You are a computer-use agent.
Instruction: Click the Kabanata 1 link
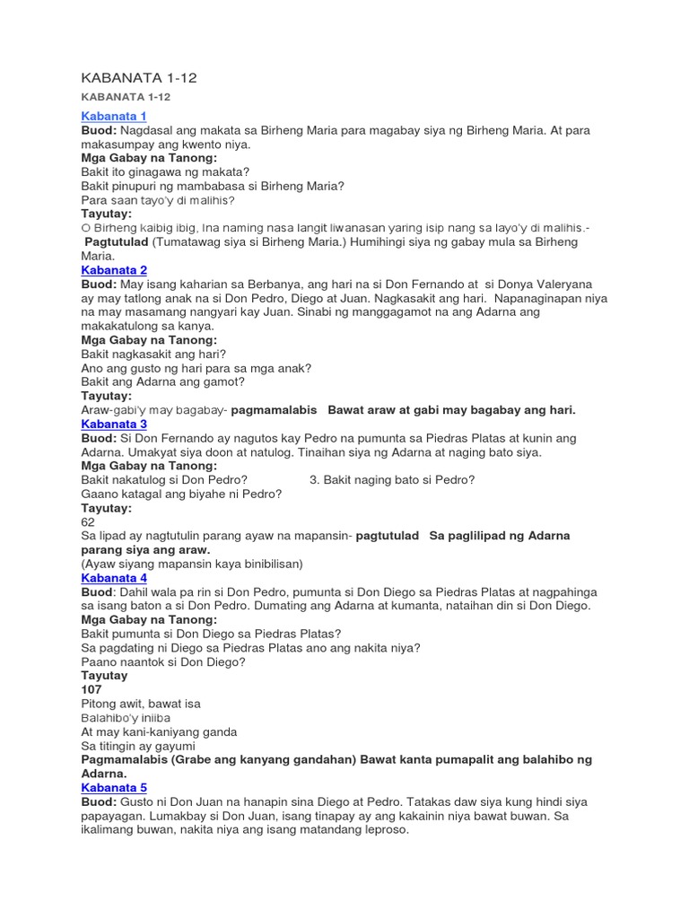click(114, 117)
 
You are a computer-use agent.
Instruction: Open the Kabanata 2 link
click(114, 270)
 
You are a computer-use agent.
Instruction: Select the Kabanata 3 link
click(114, 424)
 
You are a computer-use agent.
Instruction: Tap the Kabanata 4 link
click(114, 578)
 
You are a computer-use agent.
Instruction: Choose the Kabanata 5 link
click(114, 787)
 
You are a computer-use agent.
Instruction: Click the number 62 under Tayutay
click(88, 521)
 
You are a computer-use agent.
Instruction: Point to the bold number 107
click(91, 689)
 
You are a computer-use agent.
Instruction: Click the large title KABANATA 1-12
click(138, 78)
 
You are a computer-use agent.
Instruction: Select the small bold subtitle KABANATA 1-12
click(126, 97)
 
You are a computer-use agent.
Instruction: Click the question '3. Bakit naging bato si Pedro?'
click(392, 480)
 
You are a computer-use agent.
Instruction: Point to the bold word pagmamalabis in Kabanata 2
click(275, 410)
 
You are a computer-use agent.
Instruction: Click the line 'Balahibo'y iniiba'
click(126, 718)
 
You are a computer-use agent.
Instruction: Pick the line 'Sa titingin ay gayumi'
click(139, 746)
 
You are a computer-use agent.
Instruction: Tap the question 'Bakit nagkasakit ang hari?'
click(153, 354)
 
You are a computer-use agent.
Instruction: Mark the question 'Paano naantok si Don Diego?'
click(163, 661)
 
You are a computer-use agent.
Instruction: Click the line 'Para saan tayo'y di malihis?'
click(158, 200)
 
